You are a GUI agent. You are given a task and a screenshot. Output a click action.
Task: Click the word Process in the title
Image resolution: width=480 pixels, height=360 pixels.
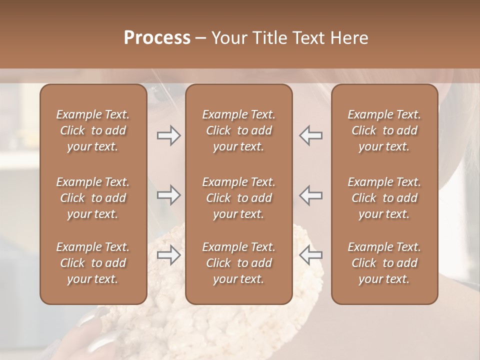(157, 38)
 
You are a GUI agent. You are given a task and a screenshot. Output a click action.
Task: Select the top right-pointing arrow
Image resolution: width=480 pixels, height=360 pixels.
(168, 135)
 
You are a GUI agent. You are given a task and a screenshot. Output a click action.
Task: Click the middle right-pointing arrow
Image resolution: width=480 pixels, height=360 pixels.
(168, 195)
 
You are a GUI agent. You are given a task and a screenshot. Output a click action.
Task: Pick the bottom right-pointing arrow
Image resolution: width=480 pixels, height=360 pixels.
(168, 255)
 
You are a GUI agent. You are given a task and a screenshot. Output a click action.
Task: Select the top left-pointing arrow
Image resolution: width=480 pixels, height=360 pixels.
(311, 135)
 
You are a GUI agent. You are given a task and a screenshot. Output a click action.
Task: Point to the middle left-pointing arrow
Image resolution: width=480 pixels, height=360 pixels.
(311, 195)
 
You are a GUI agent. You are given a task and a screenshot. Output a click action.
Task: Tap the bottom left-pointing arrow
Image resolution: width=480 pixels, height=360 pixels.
(311, 255)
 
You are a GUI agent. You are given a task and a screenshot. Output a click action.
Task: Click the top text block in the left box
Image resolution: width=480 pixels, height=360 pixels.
(93, 130)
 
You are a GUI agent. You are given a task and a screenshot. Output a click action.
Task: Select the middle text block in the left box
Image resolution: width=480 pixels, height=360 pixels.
(93, 198)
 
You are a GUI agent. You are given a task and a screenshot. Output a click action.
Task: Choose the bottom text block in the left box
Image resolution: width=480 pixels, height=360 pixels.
(93, 263)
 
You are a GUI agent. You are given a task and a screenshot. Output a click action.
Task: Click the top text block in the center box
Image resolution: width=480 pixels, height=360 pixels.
(239, 130)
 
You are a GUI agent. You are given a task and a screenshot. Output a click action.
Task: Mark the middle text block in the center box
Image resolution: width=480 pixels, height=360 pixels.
(239, 198)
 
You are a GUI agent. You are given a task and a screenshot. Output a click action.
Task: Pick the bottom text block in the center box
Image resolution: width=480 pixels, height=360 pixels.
(239, 263)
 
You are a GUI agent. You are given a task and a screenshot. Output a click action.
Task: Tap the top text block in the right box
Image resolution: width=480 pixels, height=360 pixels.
(384, 130)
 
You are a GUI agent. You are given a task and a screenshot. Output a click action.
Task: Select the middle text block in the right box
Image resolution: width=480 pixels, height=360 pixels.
(384, 198)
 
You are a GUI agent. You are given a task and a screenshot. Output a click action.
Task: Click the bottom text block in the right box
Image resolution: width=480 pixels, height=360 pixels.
(384, 263)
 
